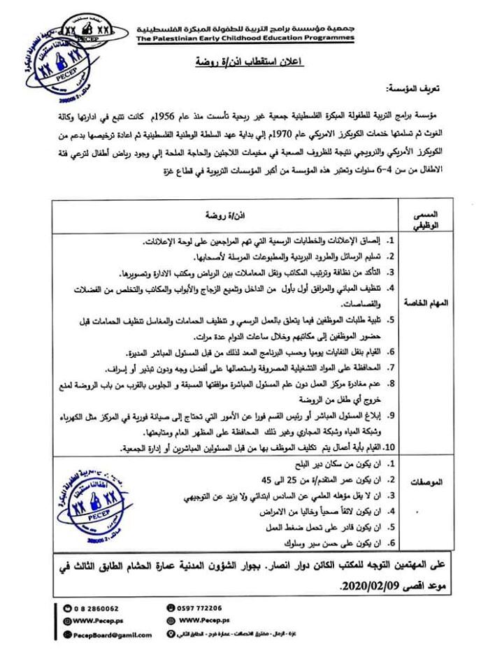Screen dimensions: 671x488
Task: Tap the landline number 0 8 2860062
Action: (x=96, y=607)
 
